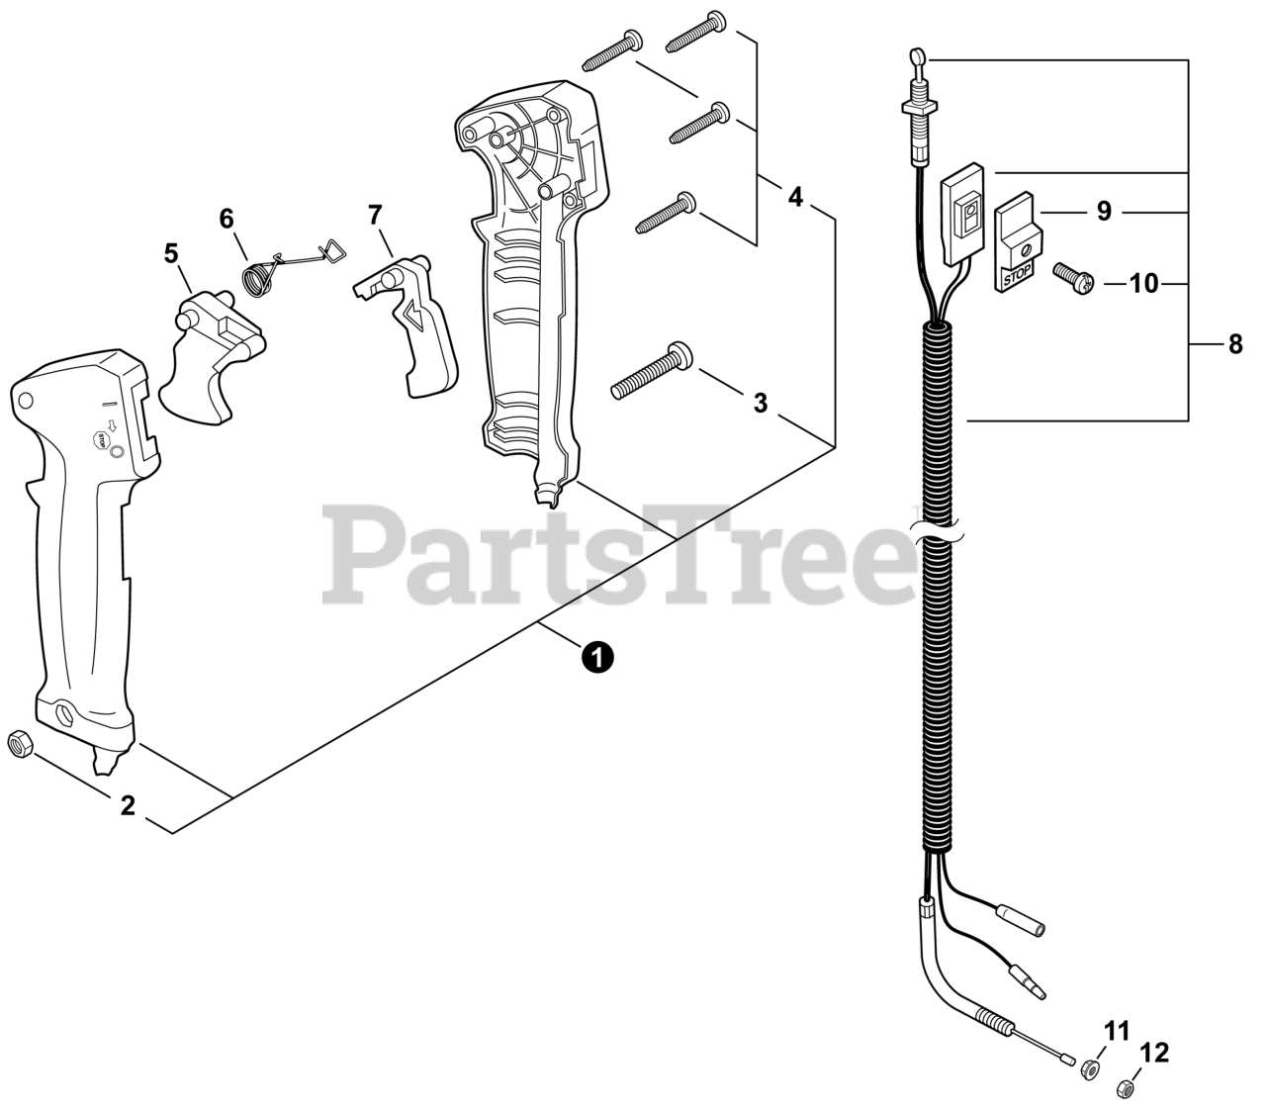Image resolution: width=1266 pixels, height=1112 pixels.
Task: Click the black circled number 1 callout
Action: click(597, 655)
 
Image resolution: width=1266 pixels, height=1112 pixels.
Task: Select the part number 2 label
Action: click(127, 805)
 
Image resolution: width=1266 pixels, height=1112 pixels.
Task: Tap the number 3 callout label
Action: click(760, 403)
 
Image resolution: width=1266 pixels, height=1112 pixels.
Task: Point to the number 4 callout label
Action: click(795, 197)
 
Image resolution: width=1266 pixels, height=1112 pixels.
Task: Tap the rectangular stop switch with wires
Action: click(965, 216)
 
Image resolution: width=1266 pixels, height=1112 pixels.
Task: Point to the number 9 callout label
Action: click(1104, 211)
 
